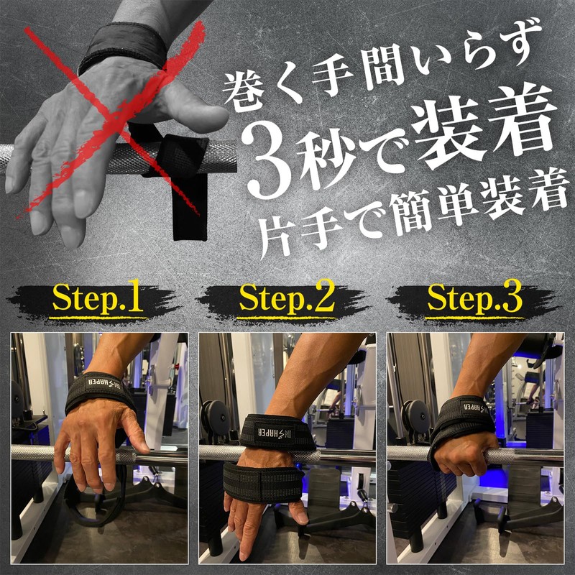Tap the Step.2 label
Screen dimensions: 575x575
(x=286, y=300)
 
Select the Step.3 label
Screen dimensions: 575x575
(x=474, y=300)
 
